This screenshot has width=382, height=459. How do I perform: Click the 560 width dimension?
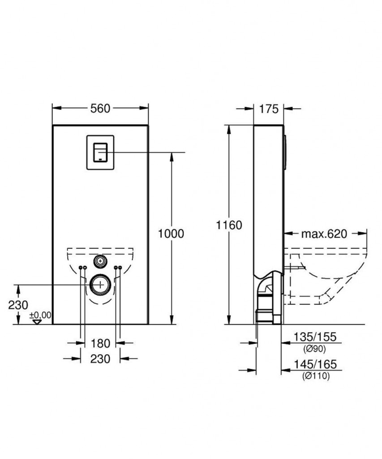[x=100, y=108]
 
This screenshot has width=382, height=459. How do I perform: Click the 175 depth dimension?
[x=269, y=108]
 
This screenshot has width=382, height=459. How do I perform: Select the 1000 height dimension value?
[x=171, y=234]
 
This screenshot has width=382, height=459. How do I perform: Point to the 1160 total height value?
[x=229, y=225]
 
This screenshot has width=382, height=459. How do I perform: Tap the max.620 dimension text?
[x=323, y=234]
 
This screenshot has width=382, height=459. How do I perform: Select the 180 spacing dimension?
[x=100, y=343]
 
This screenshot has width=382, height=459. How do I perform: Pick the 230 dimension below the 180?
[x=100, y=359]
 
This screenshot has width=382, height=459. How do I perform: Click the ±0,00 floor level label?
[x=40, y=315]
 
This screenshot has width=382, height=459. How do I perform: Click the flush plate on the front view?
[x=100, y=152]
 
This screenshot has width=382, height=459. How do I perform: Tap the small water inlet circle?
[x=100, y=261]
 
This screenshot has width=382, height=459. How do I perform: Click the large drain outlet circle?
[x=100, y=285]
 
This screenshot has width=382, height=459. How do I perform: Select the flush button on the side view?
[x=284, y=152]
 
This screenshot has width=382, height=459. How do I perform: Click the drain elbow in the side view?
[x=268, y=287]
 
